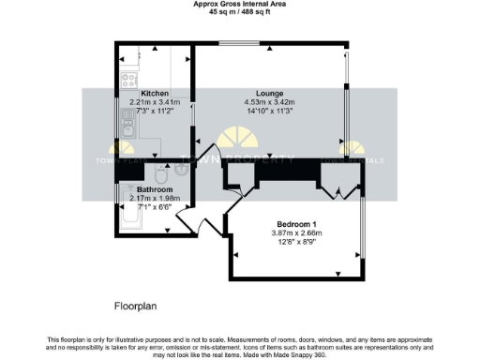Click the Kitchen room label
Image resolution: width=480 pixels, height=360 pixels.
point(154,94)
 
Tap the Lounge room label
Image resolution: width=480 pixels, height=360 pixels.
point(270,94)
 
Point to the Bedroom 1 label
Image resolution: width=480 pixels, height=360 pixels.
point(296,223)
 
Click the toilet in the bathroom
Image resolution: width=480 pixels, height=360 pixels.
point(160,175)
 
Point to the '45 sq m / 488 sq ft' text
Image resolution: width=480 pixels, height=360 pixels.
point(240,12)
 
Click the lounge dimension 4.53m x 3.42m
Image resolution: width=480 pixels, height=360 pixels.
point(270,102)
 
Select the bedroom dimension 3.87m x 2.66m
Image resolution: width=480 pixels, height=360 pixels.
point(296,232)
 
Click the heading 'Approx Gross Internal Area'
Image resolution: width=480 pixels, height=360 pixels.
point(240,5)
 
